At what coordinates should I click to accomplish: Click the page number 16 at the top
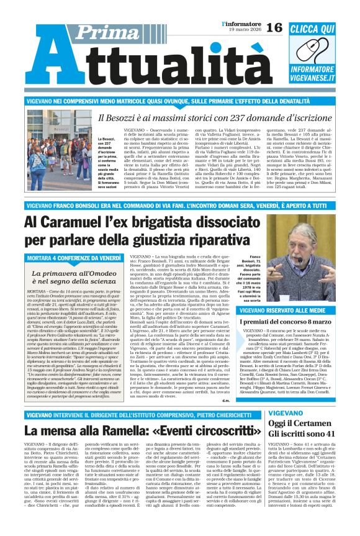274,27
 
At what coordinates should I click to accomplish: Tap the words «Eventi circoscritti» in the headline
174,447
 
